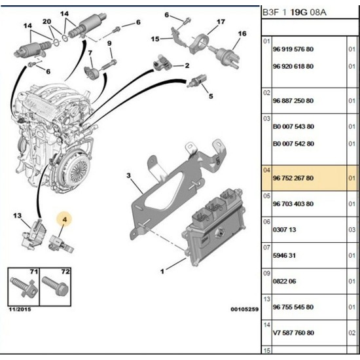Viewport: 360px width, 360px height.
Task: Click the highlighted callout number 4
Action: [x=65, y=220]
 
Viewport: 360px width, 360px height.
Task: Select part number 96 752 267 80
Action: [x=293, y=178]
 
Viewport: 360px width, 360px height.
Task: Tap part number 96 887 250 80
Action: [x=293, y=101]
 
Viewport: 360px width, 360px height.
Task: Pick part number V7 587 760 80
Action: [x=293, y=333]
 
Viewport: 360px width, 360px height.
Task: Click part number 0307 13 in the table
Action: [x=284, y=230]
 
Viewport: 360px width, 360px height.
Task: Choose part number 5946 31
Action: [x=284, y=255]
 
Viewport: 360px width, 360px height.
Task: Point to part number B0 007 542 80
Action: [x=293, y=144]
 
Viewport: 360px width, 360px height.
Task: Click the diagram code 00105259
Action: [x=245, y=310]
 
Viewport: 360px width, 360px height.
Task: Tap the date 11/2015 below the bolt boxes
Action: [x=20, y=310]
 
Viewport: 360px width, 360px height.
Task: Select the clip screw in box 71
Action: [x=24, y=287]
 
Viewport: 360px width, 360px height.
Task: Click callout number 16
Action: [x=242, y=34]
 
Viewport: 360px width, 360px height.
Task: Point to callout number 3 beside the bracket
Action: [x=128, y=175]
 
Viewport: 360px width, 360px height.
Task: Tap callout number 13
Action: [x=17, y=216]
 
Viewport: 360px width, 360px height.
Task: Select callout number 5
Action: [x=211, y=96]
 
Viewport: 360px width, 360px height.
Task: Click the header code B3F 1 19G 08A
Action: [x=294, y=12]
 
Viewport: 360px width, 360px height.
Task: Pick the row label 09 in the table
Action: [x=266, y=273]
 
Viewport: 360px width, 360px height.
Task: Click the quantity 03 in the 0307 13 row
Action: [x=351, y=230]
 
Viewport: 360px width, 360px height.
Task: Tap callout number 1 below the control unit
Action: [x=162, y=272]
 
